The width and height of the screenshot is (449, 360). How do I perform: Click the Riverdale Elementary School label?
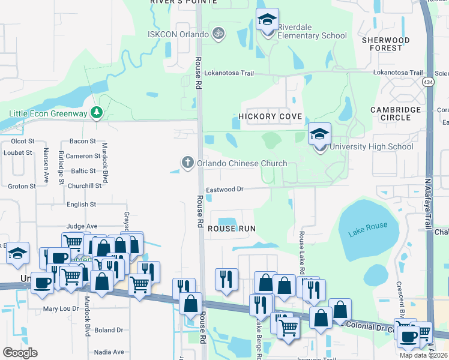[x=313, y=35]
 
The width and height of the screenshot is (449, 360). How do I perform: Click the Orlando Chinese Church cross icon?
[x=187, y=163]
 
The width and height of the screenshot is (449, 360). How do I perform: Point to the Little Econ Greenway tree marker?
[x=96, y=113]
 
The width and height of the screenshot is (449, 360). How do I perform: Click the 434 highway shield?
[x=427, y=82]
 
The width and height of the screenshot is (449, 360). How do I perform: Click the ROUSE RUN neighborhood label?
[x=232, y=229]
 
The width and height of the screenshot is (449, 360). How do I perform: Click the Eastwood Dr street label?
[x=224, y=189]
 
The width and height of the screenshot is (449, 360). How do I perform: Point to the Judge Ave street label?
[x=82, y=226]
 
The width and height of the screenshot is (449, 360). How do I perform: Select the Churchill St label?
[x=85, y=185]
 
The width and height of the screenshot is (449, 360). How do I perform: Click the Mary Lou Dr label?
[x=61, y=310]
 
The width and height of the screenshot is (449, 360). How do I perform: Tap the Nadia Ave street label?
[x=109, y=352]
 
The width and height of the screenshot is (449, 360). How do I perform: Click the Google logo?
[x=20, y=353]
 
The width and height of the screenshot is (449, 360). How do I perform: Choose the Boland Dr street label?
[x=108, y=330]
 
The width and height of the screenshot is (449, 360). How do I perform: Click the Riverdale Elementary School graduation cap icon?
[x=267, y=20]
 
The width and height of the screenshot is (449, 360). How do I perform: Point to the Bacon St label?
[x=83, y=141]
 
